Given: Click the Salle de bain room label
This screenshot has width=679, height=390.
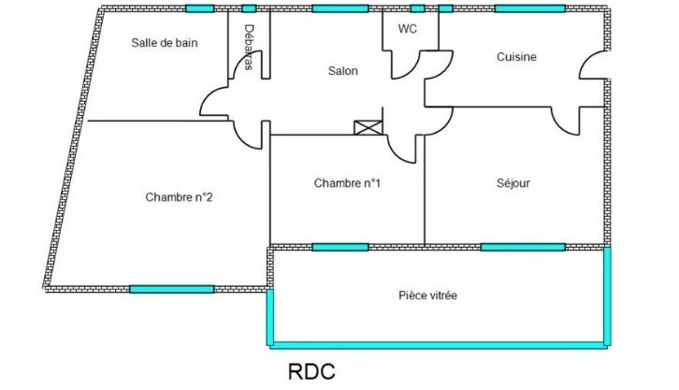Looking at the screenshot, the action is pos(164,43).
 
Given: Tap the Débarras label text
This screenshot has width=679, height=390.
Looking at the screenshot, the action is pos(249,47).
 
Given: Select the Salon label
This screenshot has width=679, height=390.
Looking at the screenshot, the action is pos(343,70).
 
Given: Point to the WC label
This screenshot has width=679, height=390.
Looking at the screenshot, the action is pos(408,29).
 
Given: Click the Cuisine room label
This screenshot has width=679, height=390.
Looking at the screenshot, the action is pos(516,57).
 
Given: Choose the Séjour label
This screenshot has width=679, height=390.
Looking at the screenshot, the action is pos(513,183).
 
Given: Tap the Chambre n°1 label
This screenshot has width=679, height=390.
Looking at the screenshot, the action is pos(347,183).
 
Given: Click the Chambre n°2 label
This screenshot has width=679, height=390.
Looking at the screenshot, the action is pos(179,197).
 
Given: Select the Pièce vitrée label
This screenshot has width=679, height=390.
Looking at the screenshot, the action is pos(427,296).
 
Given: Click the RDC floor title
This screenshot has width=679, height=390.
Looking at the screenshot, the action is pos(311,371).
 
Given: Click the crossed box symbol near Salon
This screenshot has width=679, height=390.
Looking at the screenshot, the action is pos(368,128).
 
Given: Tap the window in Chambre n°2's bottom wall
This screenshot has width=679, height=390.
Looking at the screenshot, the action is pos(171,289).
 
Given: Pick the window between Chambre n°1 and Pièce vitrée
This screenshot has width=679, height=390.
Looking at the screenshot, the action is pos(340,247).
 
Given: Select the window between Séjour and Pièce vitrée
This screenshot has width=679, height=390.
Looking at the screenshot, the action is pos(523,247).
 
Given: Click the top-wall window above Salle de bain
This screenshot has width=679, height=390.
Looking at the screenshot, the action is pos(199,8).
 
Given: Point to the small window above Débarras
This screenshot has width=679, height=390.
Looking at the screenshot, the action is pos(249,8).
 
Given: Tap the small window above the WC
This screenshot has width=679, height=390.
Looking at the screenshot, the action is pos(417,8).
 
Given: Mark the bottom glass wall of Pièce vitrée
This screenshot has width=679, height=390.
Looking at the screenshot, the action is pos(439,345).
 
